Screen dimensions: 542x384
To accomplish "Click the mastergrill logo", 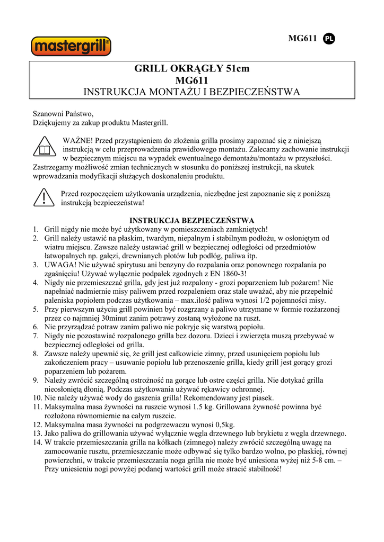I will coord(72,46).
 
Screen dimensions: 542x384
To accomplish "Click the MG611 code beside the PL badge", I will coord(302,38).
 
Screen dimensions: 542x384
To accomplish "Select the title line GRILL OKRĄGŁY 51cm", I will coord(191,69).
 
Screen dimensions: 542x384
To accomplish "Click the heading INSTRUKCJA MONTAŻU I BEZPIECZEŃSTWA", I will coord(191,92).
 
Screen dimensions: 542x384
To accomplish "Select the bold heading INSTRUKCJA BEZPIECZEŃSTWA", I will coord(191,220).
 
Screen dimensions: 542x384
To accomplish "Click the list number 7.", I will coord(35,336).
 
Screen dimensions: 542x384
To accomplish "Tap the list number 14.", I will coord(37,442).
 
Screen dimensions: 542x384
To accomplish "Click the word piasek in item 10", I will coord(261,398).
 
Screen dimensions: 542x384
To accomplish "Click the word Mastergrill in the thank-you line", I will coord(149,123).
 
